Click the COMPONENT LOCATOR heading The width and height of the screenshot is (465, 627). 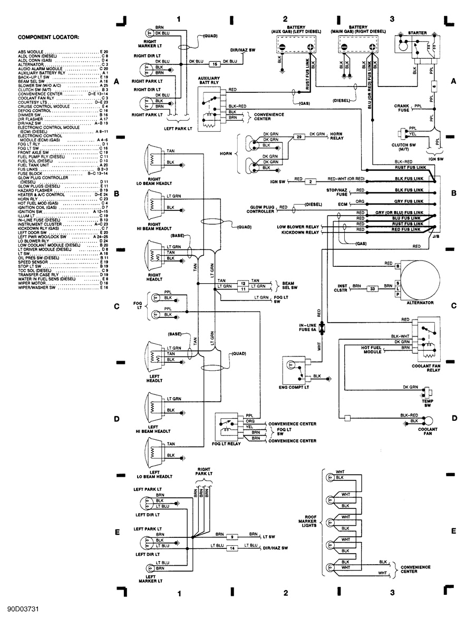point(49,37)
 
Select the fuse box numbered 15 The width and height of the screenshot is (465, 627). point(215,64)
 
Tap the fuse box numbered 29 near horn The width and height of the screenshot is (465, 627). point(299,137)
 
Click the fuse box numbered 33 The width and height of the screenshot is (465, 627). point(372,288)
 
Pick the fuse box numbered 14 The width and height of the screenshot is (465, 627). point(232,548)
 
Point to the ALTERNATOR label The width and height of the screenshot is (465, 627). point(420,303)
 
